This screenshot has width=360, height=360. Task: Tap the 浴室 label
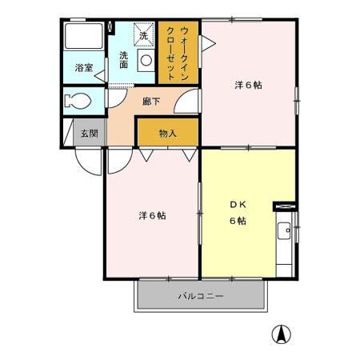coord(84,68)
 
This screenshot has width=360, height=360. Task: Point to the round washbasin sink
coord(146,59)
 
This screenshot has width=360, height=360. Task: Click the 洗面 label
coord(125,61)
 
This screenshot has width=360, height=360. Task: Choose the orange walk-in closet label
coord(178,52)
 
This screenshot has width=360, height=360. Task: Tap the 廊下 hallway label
coord(151,102)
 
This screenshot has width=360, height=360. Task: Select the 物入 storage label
coord(167,134)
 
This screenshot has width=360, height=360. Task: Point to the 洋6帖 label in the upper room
coord(247,84)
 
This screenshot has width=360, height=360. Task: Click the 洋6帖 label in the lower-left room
coord(151,215)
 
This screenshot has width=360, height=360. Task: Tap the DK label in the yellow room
coord(238,204)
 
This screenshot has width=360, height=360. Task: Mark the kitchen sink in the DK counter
coord(285,234)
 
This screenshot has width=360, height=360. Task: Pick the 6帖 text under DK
coord(238,221)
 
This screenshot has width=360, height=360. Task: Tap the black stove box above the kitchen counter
coord(285,206)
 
